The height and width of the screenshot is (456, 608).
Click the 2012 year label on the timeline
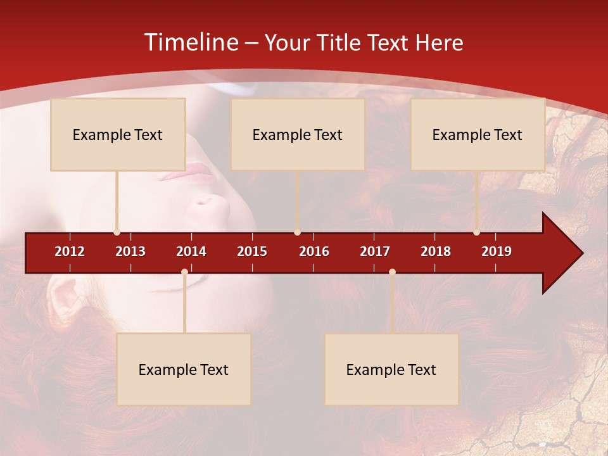[x=70, y=251]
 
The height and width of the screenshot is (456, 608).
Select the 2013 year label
[x=130, y=251]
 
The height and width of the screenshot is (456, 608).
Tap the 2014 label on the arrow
[x=191, y=251]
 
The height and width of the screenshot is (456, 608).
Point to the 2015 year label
[x=252, y=251]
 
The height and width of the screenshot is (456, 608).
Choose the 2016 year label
[x=314, y=251]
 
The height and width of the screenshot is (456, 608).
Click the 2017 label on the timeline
[x=375, y=251]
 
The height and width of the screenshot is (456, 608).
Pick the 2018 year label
[x=436, y=251]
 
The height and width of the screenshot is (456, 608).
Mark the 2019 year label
[x=497, y=251]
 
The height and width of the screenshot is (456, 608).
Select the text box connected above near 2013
[x=118, y=134]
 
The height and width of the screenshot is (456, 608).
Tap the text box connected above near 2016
[x=298, y=134]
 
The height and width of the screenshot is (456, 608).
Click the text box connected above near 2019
[x=478, y=134]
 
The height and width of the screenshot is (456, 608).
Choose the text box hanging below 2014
[x=184, y=369]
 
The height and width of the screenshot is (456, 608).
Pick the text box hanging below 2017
[x=391, y=369]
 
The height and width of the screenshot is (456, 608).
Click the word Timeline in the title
[x=191, y=42]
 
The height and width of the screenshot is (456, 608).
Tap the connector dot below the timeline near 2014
[x=184, y=272]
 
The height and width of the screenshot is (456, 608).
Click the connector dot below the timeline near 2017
[x=392, y=272]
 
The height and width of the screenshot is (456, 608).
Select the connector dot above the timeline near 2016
[x=297, y=232]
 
